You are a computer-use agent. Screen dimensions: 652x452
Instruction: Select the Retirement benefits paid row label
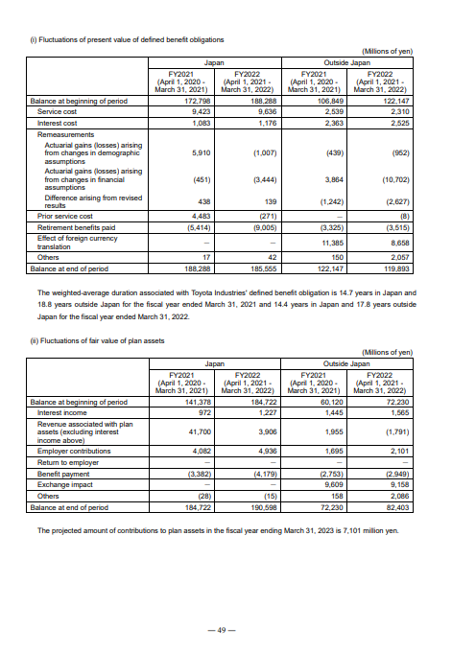point(69,227)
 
